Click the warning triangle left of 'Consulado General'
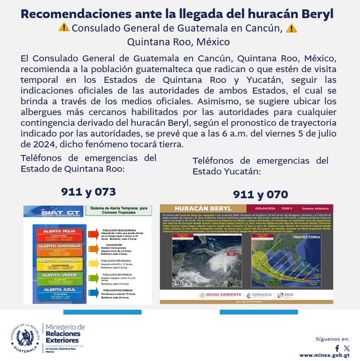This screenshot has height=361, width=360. (64, 28)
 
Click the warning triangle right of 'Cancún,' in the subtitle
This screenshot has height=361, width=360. (291, 28)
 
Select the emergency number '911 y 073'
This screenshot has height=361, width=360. (88, 192)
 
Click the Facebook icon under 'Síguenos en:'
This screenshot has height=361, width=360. (337, 348)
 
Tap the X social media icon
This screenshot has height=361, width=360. (347, 348)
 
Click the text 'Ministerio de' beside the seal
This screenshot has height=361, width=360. (65, 327)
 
